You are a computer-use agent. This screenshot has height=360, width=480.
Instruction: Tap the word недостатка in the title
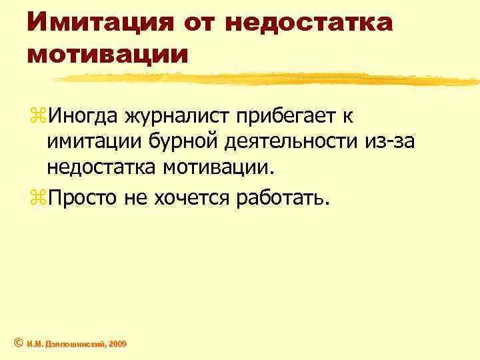(x=309, y=23)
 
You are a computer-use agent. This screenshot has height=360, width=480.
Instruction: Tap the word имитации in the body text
(x=91, y=141)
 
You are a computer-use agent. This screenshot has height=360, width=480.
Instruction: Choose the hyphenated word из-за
(x=384, y=141)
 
